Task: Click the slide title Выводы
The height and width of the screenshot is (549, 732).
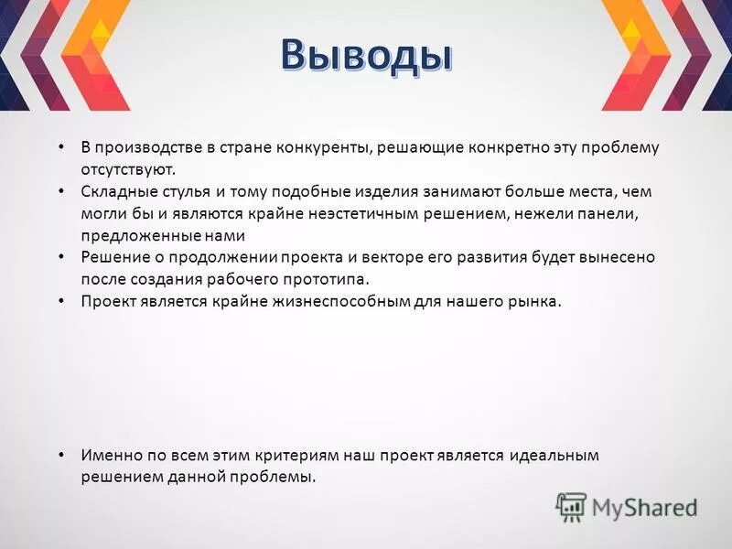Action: coord(366,55)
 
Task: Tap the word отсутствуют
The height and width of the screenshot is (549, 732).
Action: coord(127,169)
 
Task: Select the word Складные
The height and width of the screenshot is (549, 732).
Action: coord(114,192)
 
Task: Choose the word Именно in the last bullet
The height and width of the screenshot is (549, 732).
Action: coord(110,455)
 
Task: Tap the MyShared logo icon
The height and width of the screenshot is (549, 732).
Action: coord(571,506)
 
